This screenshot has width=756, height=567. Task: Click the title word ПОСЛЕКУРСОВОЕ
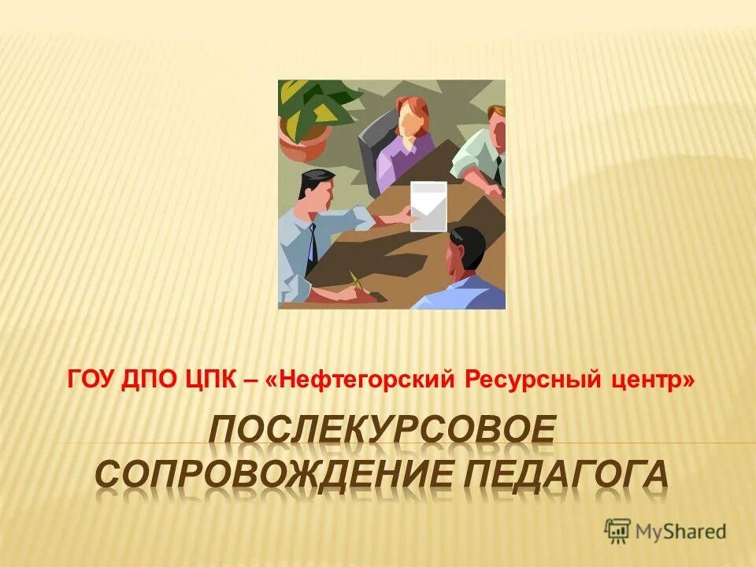coord(383,432)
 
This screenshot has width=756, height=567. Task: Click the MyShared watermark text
coord(682,532)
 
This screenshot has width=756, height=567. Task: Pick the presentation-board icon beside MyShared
coord(618,531)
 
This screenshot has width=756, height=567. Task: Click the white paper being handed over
coord(428,206)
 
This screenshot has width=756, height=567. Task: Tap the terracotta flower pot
coord(304,146)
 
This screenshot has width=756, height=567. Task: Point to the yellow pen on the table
coord(356,280)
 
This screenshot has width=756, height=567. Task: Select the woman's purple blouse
coord(403,161)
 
